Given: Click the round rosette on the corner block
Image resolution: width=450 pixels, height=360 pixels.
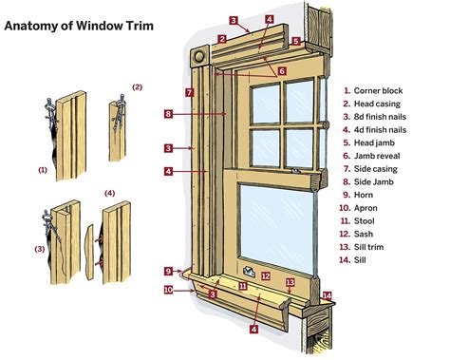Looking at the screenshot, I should coord(200,57).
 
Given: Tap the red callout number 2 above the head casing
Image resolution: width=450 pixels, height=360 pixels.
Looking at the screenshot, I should coord(220,39).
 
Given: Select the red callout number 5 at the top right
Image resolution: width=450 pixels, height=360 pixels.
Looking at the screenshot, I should coord(295,42).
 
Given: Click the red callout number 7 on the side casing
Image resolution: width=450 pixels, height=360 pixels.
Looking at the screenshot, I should coord(190,92).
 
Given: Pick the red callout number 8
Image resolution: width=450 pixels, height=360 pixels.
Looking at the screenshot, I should coord(167,114).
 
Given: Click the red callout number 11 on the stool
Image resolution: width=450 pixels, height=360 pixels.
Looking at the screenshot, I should coord(243,284).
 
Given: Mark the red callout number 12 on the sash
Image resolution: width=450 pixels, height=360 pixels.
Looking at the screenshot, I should coord(267,277).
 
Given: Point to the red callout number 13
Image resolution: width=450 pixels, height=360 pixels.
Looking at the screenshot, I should coord(291,282).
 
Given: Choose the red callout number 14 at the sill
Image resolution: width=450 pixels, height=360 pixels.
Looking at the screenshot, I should coord(327,295).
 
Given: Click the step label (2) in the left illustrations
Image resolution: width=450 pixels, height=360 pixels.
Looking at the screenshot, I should coord(137,87).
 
